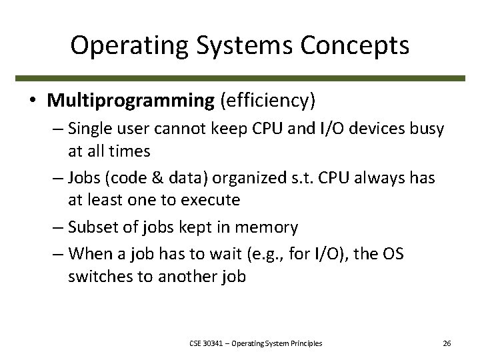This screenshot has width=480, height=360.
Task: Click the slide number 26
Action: pos(447,343)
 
